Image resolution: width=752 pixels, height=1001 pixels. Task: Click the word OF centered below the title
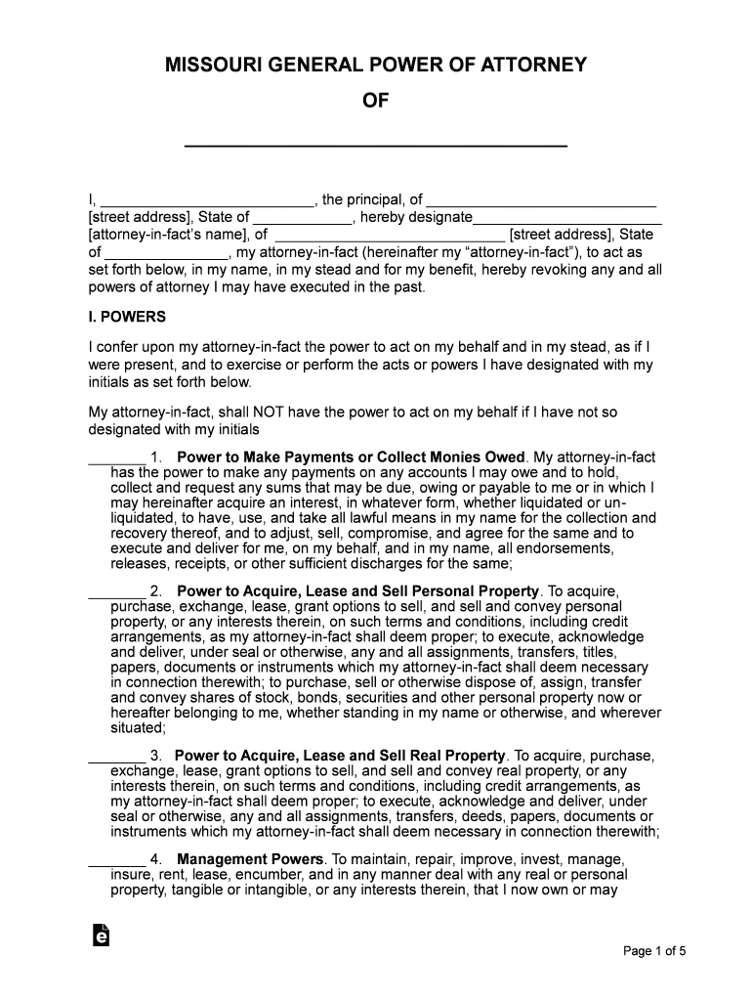tap(376, 101)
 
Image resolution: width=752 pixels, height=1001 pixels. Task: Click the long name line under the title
tap(376, 143)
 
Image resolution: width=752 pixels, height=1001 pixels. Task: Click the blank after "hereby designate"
tap(567, 217)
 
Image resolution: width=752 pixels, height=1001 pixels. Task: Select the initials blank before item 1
tap(116, 457)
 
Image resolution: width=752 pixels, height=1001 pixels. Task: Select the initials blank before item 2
tap(116, 592)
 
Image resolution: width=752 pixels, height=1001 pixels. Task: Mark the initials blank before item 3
tap(116, 757)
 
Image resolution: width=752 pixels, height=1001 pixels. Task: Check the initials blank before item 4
tap(116, 860)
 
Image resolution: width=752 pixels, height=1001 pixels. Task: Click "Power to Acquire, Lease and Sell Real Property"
tap(340, 756)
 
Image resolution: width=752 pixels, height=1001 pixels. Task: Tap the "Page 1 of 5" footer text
tap(655, 950)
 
